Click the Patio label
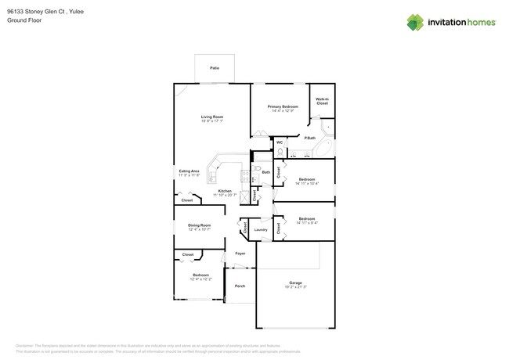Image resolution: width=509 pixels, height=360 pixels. tap(215, 69)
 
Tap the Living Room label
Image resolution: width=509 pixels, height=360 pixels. tap(211, 117)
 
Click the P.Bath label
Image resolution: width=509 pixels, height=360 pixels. tap(310, 138)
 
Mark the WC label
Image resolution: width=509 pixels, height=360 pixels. tap(280, 142)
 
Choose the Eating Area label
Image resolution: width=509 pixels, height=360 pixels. tap(189, 171)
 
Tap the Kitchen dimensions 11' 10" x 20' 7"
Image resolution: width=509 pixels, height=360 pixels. tap(225, 196)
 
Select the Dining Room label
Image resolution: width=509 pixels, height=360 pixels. tap(199, 225)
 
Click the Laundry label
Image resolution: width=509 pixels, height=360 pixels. tap(261, 229)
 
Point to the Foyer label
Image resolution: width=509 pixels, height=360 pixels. tap(240, 254)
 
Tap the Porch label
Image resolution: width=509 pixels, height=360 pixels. tap(240, 286)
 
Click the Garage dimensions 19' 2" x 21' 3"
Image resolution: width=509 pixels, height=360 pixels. tap(295, 287)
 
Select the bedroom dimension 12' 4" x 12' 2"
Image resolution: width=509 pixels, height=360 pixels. tap(201, 279)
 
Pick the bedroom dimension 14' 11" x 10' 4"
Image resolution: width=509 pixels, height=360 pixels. tap(306, 184)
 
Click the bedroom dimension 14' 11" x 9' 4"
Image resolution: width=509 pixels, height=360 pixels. tap(306, 223)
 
